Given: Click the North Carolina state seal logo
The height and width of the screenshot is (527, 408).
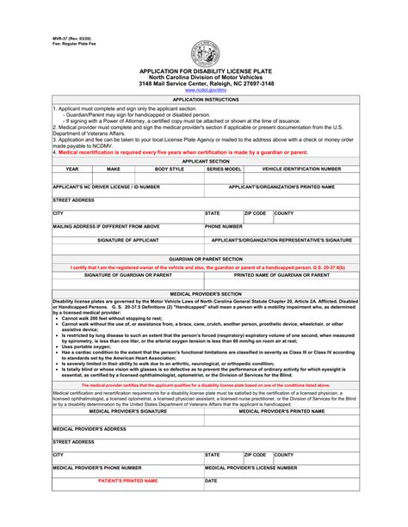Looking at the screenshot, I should [x=202, y=53].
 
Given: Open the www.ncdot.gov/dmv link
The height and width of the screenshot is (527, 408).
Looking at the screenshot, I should [x=202, y=90].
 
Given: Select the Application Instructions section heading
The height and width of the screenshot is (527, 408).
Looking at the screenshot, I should [x=203, y=100].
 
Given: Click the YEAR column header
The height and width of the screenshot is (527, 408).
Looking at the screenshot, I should [x=72, y=169].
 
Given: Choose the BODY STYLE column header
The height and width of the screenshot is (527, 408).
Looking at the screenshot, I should [x=169, y=169].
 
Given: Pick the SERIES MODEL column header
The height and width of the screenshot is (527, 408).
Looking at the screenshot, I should [x=224, y=169].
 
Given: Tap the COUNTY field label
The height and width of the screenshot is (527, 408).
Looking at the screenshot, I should [x=284, y=212].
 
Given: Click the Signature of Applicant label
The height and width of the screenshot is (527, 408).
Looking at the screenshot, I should [x=127, y=241].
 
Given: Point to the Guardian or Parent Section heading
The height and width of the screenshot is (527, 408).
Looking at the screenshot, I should [x=203, y=258].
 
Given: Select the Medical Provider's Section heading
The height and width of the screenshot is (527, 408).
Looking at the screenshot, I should [x=203, y=293].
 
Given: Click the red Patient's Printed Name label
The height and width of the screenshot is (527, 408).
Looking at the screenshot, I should [x=127, y=481].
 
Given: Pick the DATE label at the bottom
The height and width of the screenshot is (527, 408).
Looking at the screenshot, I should [x=211, y=481].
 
